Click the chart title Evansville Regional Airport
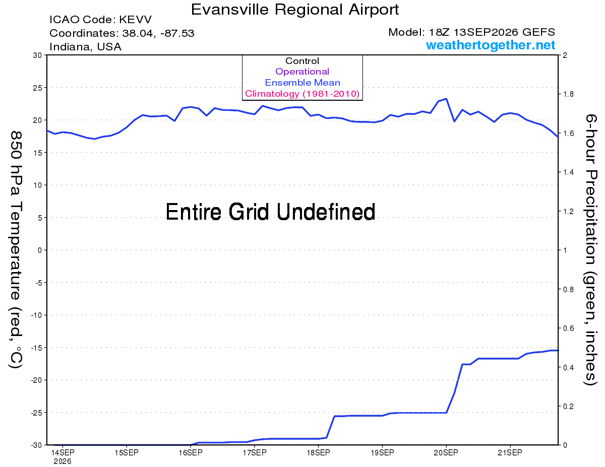[x=295, y=10]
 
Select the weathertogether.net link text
[x=491, y=45]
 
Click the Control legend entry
[x=302, y=61]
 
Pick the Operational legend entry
[x=302, y=72]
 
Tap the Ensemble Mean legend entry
[x=302, y=83]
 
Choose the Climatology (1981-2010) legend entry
[x=302, y=94]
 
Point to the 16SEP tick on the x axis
[x=191, y=452]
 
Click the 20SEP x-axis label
[x=446, y=452]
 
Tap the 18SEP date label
[x=318, y=452]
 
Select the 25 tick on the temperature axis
[x=37, y=88]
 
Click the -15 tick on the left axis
[x=36, y=348]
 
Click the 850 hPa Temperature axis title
[x=16, y=250]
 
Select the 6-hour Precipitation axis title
[x=590, y=250]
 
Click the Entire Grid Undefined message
[x=270, y=212]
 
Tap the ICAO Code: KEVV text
[x=100, y=20]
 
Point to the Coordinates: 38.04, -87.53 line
[x=122, y=33]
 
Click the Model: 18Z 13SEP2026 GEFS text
[x=471, y=32]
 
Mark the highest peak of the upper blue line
[x=446, y=98]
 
